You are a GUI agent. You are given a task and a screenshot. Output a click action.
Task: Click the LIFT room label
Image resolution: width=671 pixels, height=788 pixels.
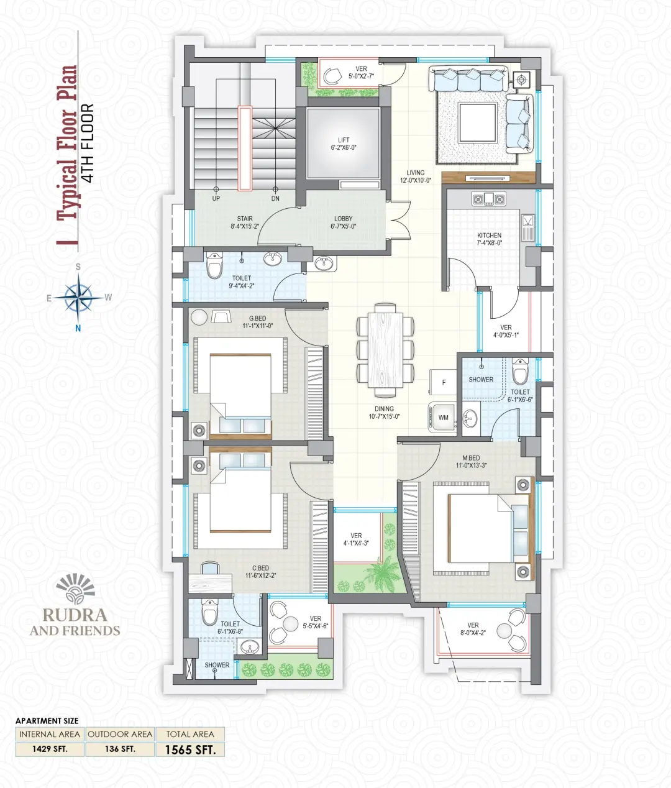tap(344, 144)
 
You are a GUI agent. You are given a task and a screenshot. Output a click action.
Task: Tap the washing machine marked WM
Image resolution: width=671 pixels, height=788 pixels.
tap(442, 418)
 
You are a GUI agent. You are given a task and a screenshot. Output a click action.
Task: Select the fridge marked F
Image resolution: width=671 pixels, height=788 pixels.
tap(443, 382)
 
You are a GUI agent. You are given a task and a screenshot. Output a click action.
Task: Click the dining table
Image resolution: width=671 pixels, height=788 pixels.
tap(385, 350)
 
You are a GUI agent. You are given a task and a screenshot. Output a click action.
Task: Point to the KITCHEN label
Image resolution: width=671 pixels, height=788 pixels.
tap(489, 239)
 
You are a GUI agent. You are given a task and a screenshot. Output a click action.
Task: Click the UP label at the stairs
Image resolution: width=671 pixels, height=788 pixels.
tap(216, 198)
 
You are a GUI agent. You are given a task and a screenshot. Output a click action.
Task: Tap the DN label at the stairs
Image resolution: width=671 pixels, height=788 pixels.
tap(275, 198)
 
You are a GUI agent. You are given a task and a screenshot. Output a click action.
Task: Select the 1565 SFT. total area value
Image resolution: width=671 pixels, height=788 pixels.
tap(190, 749)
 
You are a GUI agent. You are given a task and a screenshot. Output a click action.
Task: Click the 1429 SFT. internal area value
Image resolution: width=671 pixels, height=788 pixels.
tap(50, 749)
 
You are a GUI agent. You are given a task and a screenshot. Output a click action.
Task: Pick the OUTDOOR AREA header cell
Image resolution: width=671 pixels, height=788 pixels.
tap(120, 734)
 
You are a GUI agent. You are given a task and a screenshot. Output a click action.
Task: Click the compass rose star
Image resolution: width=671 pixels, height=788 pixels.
tap(78, 297)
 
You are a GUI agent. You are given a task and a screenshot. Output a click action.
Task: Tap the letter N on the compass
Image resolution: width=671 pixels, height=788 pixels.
tap(78, 328)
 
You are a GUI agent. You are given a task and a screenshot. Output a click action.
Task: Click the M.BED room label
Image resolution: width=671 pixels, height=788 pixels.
tap(471, 462)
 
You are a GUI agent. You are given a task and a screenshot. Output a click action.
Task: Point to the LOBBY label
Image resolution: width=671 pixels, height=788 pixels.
tap(343, 222)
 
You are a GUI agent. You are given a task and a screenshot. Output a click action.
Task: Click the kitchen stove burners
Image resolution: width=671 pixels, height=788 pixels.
tap(489, 199)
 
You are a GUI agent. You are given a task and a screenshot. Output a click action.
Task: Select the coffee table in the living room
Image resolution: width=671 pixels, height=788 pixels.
tap(478, 122)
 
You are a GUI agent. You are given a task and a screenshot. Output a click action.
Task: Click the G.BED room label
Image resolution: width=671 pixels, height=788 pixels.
tap(257, 322)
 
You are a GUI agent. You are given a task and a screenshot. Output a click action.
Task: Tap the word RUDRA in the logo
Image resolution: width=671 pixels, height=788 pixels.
tap(75, 615)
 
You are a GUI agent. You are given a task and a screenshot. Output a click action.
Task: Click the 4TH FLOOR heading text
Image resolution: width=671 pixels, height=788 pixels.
tap(88, 143)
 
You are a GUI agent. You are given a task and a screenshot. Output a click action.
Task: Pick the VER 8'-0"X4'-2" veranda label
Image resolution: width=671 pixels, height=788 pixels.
tap(473, 629)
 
